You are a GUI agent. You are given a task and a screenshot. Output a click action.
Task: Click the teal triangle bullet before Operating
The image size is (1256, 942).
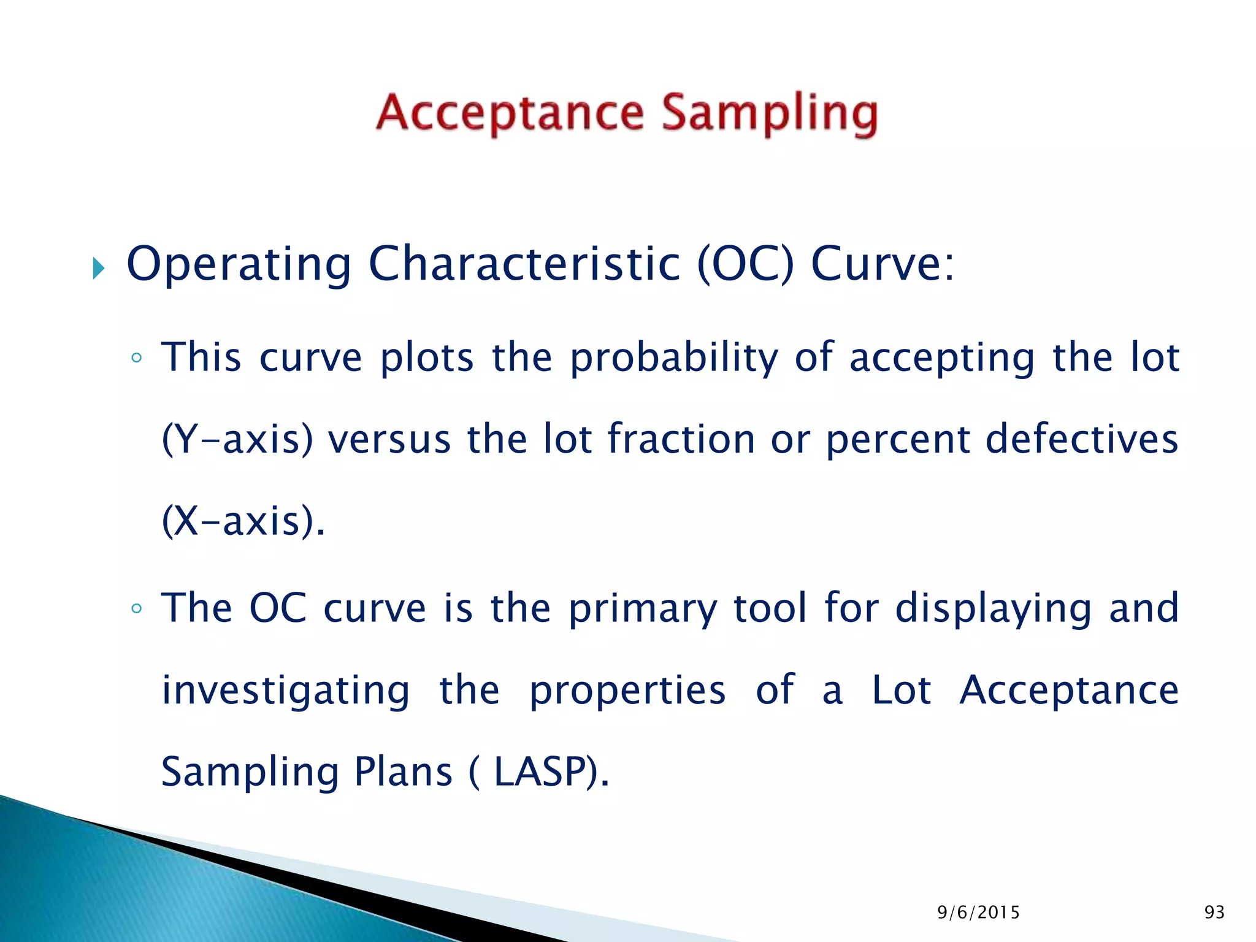[x=99, y=268]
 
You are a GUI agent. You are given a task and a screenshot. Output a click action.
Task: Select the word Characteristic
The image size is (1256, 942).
[x=524, y=264]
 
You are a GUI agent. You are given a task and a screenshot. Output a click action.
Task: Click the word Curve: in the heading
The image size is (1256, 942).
[x=883, y=264]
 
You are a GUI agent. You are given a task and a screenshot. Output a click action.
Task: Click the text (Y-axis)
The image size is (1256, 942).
[x=237, y=440]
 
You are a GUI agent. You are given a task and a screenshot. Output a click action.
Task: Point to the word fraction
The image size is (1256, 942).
[x=681, y=440]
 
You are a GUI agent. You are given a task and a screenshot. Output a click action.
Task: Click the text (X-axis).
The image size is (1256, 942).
[x=242, y=521]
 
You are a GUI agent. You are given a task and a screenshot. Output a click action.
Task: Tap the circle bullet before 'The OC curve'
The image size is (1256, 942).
[x=136, y=608]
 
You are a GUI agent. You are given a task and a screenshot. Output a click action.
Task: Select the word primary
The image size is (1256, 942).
[x=643, y=609]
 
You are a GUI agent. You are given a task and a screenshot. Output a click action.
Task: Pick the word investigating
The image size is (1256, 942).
[x=286, y=691]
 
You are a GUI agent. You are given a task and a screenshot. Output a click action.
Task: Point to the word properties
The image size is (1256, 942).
[x=627, y=691]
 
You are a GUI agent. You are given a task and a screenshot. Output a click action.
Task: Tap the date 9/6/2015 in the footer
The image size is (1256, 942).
[x=978, y=913]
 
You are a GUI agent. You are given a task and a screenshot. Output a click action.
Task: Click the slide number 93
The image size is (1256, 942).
[x=1214, y=913]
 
